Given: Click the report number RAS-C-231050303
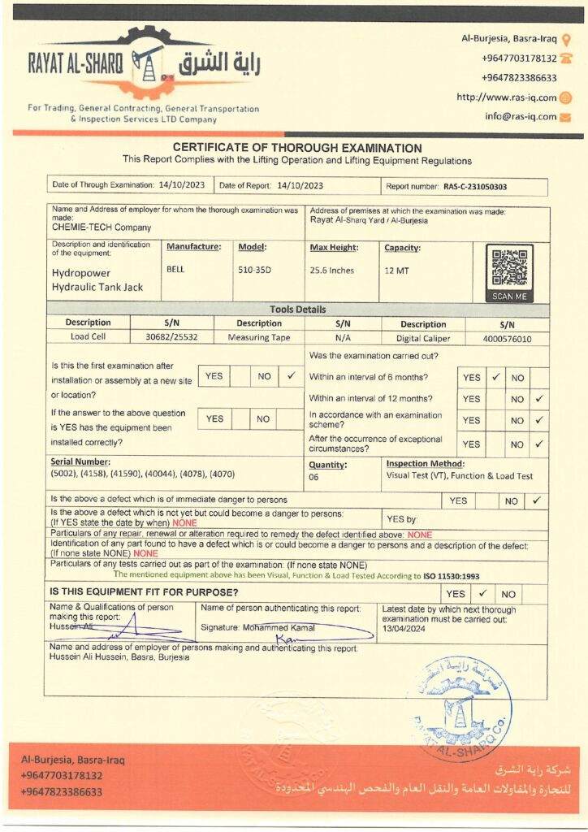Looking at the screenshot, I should (x=475, y=186).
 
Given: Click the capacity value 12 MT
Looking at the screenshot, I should (x=396, y=270).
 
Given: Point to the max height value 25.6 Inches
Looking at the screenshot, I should (x=332, y=270).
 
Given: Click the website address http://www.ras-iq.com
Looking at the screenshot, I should (x=506, y=97).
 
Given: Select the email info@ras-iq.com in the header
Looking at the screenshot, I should (x=521, y=116).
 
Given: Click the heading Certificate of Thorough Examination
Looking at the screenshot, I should (x=297, y=148).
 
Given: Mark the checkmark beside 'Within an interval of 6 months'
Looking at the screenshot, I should (x=495, y=377).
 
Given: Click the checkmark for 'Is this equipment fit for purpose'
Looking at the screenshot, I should (x=481, y=593).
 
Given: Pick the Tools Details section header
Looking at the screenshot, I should (x=297, y=310).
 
